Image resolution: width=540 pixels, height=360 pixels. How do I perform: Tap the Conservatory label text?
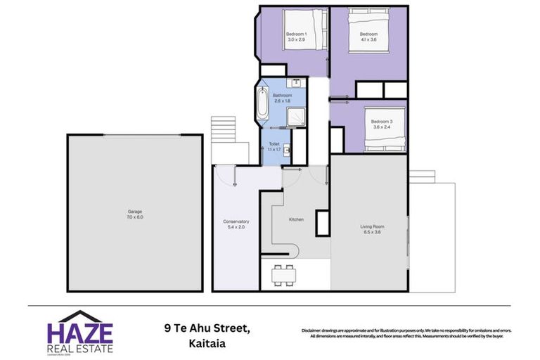[236, 221]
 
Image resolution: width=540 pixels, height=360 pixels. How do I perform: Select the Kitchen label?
[296, 220]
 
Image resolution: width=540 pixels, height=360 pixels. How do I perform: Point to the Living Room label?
[372, 226]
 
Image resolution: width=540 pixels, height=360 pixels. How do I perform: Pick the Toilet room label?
[274, 143]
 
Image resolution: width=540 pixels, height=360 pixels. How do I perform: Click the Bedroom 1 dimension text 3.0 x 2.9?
[296, 40]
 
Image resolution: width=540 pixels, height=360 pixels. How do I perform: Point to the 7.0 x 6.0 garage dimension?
[135, 217]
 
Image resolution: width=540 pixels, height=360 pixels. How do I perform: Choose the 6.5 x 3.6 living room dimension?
[372, 233]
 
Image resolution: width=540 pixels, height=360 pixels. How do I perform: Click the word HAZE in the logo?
[79, 333]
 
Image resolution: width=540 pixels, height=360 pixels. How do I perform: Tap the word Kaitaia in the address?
[211, 345]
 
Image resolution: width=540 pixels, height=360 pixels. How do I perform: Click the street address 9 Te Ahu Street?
[207, 327]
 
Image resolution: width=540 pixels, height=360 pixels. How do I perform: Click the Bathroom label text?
[282, 96]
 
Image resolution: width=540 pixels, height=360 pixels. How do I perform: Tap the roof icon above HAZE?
[79, 316]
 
